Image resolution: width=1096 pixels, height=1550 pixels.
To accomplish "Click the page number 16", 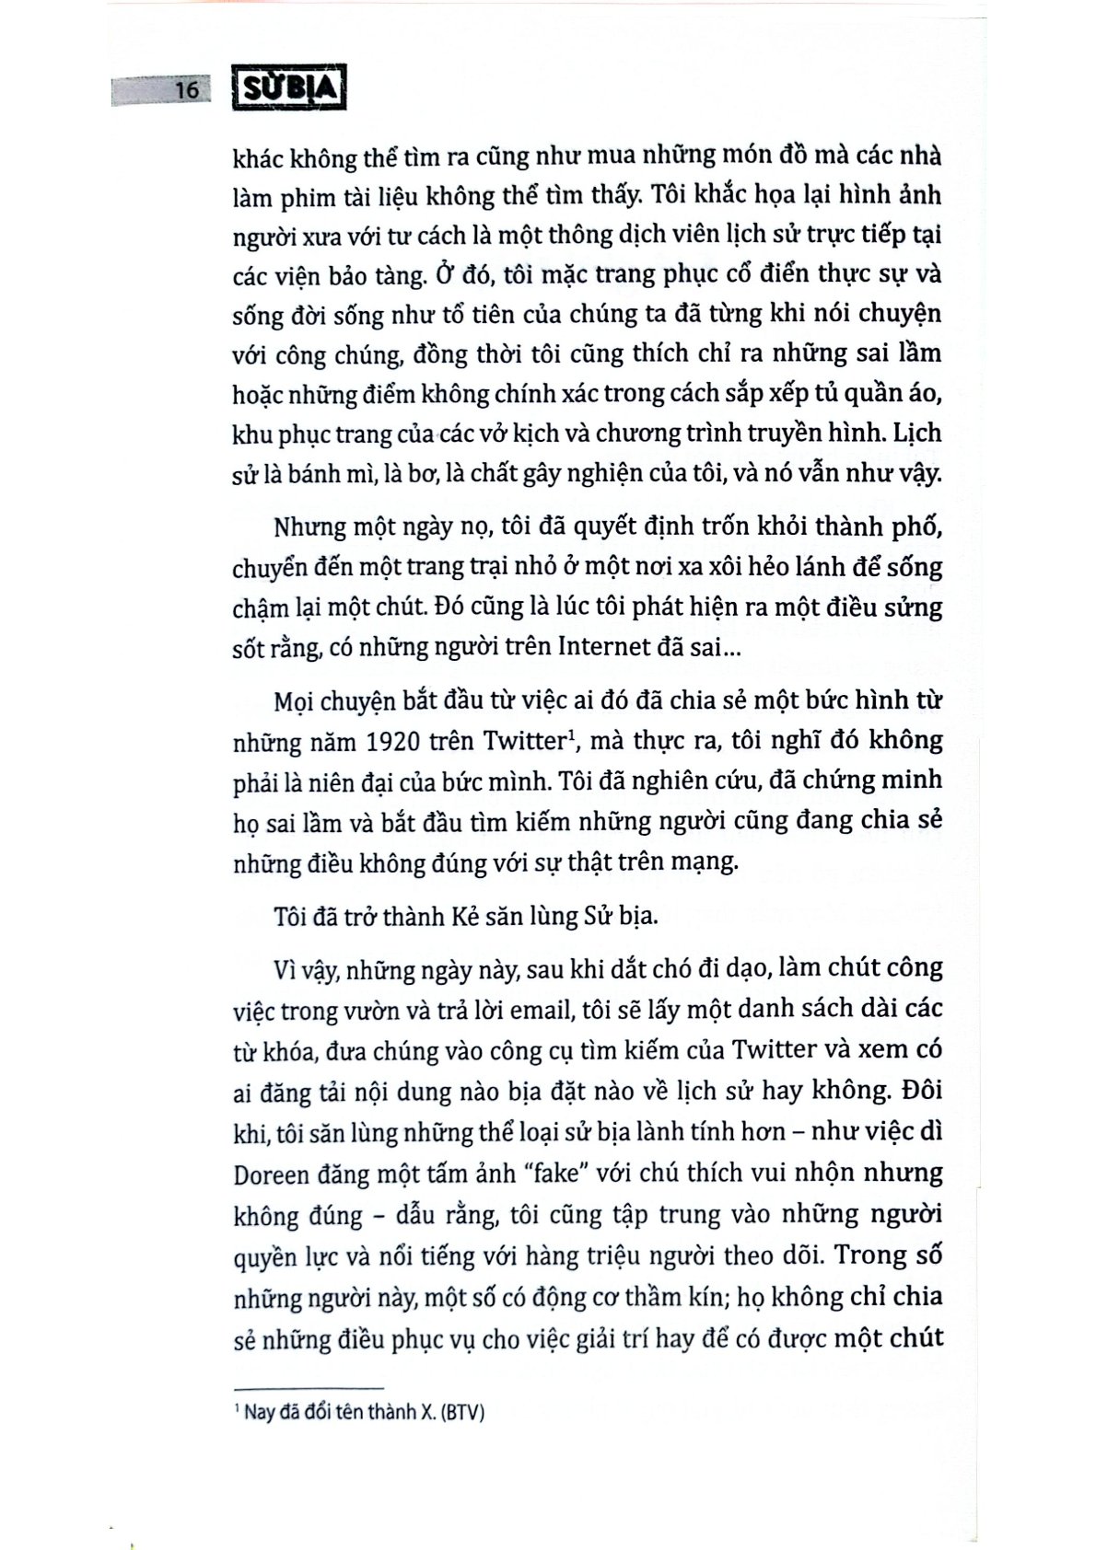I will [x=187, y=90].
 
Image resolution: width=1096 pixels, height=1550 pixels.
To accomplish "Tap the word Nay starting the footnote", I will [x=260, y=1412].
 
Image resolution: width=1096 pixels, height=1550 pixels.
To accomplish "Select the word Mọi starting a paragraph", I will [x=296, y=700].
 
